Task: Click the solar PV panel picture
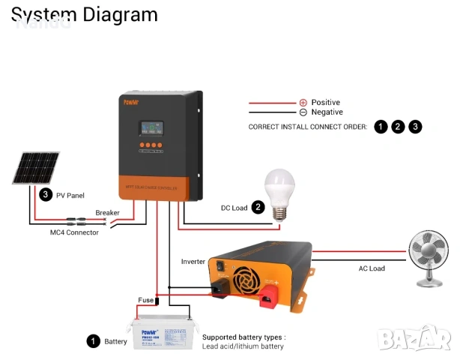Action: coord(36,168)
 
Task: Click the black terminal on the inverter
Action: coord(220,289)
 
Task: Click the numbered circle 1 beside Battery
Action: coord(93,341)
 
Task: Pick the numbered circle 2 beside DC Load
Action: coord(258,207)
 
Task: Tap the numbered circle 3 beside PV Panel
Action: coord(46,195)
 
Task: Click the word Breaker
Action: coord(107,213)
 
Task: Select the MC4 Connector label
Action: coord(69,232)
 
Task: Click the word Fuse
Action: coord(145,300)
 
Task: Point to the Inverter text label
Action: coord(193,262)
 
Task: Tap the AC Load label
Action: coord(372,268)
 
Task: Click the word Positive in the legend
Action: coord(326,102)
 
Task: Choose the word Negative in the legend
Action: coord(327,112)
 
